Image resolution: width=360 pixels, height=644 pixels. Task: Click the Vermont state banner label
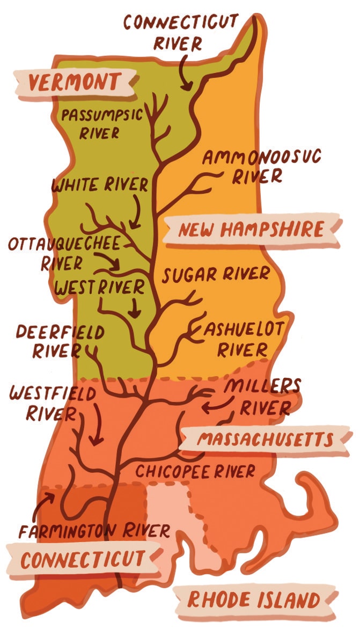74,83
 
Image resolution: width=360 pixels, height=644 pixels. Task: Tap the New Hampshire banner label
251,230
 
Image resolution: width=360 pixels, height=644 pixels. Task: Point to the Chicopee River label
195,472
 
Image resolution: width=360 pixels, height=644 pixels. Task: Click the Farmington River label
94,531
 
